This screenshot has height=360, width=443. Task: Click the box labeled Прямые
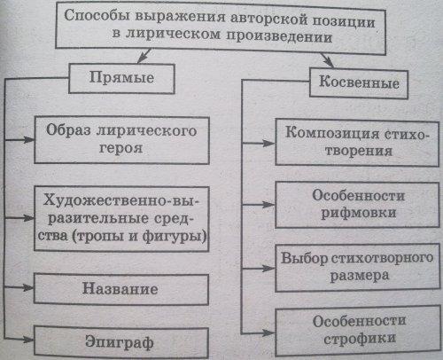tap(121, 78)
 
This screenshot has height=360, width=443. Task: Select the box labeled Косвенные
tap(359, 83)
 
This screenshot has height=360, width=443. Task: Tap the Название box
tap(121, 289)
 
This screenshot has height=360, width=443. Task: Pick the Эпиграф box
tap(121, 342)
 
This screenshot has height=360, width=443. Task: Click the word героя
tap(120, 149)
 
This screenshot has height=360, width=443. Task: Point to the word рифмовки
tap(358, 214)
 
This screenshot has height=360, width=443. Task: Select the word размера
tap(359, 277)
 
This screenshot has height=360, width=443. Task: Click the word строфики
tap(360, 339)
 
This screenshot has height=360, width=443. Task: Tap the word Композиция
tap(332, 133)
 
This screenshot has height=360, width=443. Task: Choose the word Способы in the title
tap(97, 15)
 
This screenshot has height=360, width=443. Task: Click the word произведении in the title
tap(279, 37)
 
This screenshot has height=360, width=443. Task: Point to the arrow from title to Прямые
tap(144, 55)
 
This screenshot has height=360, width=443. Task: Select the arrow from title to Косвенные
tap(327, 60)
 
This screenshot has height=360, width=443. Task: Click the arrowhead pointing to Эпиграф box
tap(28, 340)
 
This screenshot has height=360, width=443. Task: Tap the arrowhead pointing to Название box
tap(28, 287)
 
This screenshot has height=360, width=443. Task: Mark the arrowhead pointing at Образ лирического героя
tap(29, 139)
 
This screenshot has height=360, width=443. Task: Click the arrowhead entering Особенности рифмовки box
tap(269, 204)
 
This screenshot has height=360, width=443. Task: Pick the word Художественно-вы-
tap(121, 201)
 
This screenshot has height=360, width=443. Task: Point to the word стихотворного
tap(382, 258)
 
